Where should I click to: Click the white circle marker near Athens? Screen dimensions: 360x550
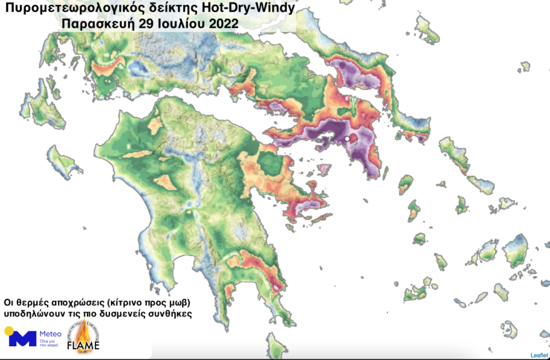pyautogui.click(x=347, y=139)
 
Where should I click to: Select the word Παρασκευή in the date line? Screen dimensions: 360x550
pyautogui.click(x=94, y=24)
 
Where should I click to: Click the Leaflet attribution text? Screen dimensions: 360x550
pyautogui.click(x=539, y=355)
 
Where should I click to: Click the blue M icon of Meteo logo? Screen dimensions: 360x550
pyautogui.click(x=22, y=339)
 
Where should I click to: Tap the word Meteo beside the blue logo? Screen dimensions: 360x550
pyautogui.click(x=50, y=334)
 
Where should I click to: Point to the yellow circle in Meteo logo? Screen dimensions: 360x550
pyautogui.click(x=9, y=331)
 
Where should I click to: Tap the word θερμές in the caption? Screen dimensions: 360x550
pyautogui.click(x=29, y=302)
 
